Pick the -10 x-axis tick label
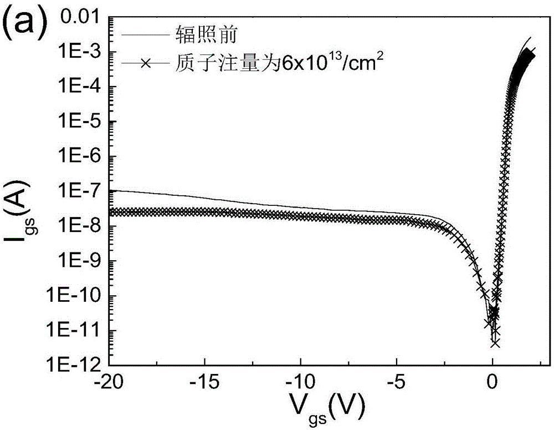click(300, 383)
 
